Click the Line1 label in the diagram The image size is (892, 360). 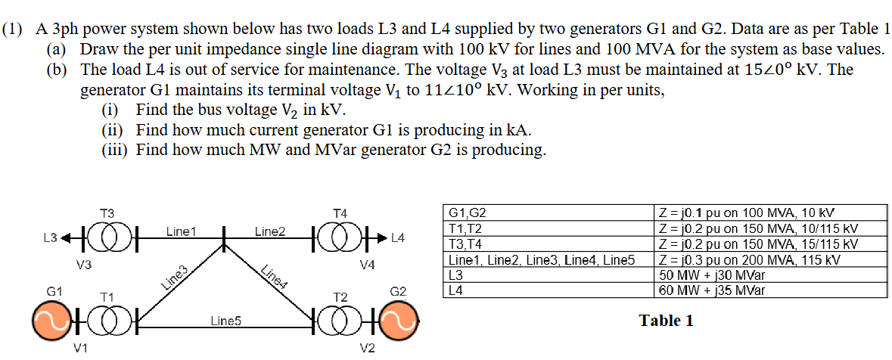coord(181,231)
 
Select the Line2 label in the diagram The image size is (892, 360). coord(269,231)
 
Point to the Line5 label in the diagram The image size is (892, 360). coord(225,321)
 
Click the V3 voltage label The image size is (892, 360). coord(84,265)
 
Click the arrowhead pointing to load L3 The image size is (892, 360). coord(67,237)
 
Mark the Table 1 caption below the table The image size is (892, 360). coord(666,321)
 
